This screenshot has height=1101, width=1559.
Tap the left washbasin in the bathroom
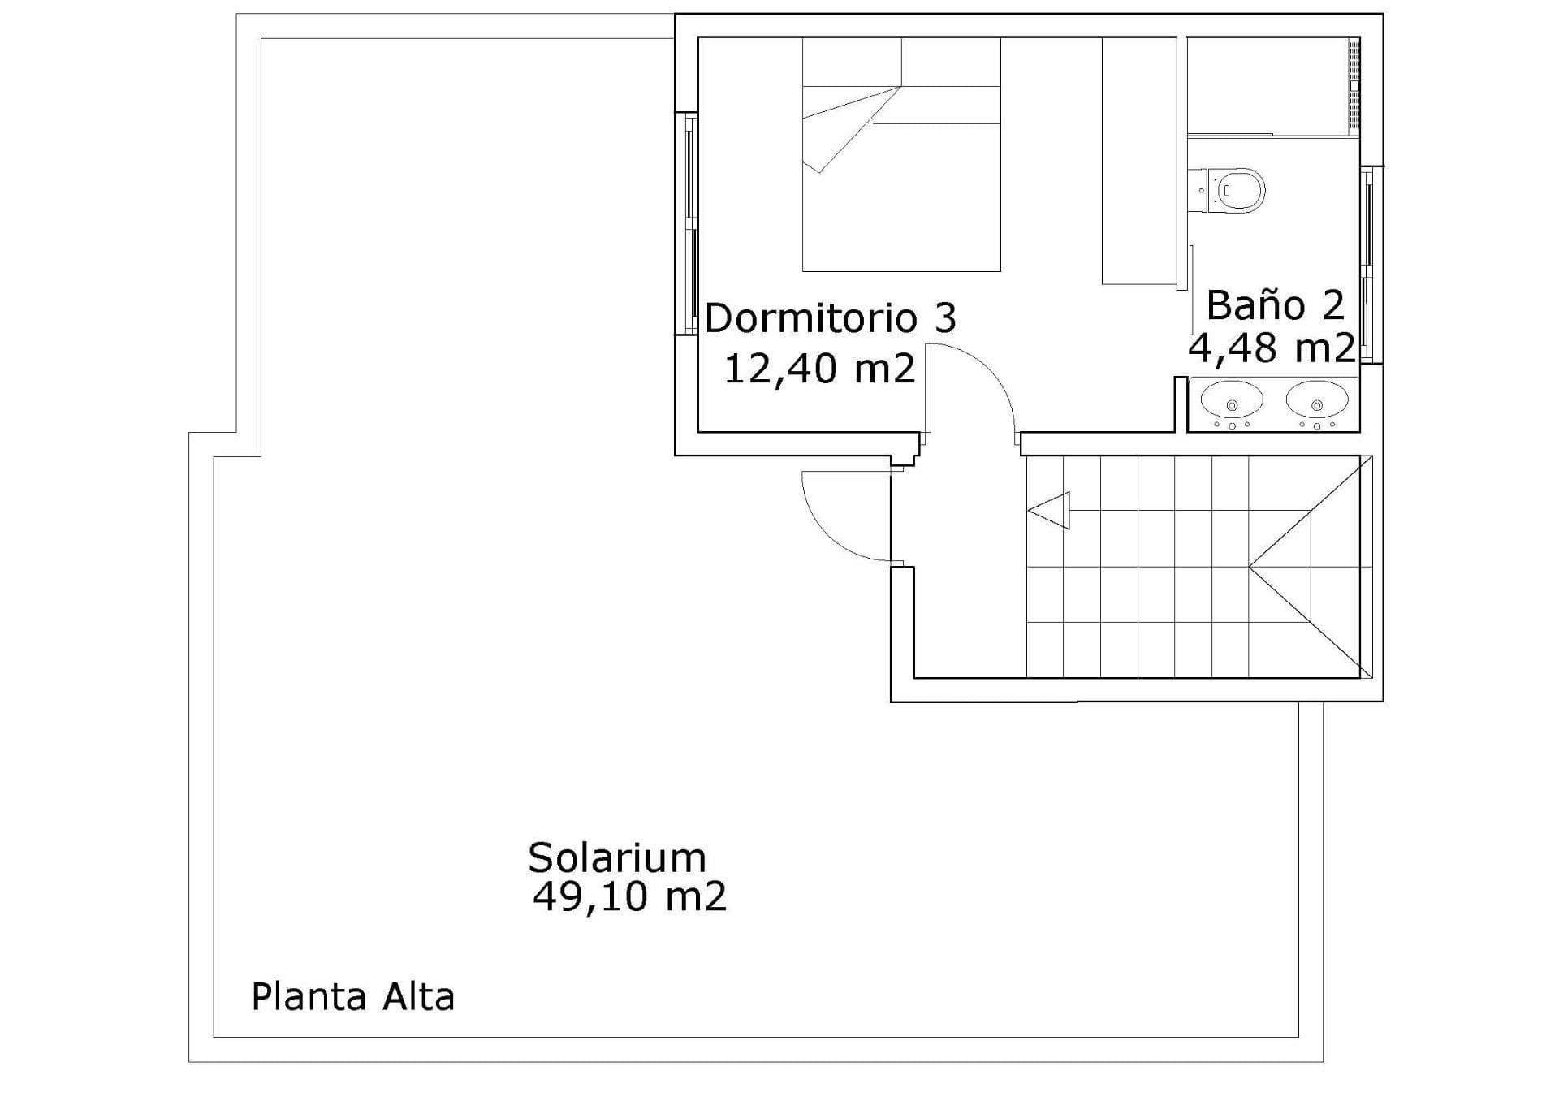[x=1232, y=399]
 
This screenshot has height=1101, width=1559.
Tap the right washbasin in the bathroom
[x=1317, y=399]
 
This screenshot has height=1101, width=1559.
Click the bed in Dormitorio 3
[x=901, y=154]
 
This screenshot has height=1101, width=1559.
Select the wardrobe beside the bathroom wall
[x=1139, y=161]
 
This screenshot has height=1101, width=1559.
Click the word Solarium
[x=617, y=857]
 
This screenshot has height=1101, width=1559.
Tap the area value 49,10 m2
[x=629, y=897]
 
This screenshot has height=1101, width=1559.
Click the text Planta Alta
[x=352, y=997]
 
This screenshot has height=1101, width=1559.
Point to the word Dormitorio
[x=811, y=317]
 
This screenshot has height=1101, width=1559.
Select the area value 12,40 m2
[x=819, y=369]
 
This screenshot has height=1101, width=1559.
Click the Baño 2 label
[x=1276, y=305]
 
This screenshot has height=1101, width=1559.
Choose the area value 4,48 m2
[x=1272, y=348]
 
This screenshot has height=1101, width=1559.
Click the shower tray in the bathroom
[x=1273, y=86]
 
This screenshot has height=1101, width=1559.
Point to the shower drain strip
[x=1354, y=84]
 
